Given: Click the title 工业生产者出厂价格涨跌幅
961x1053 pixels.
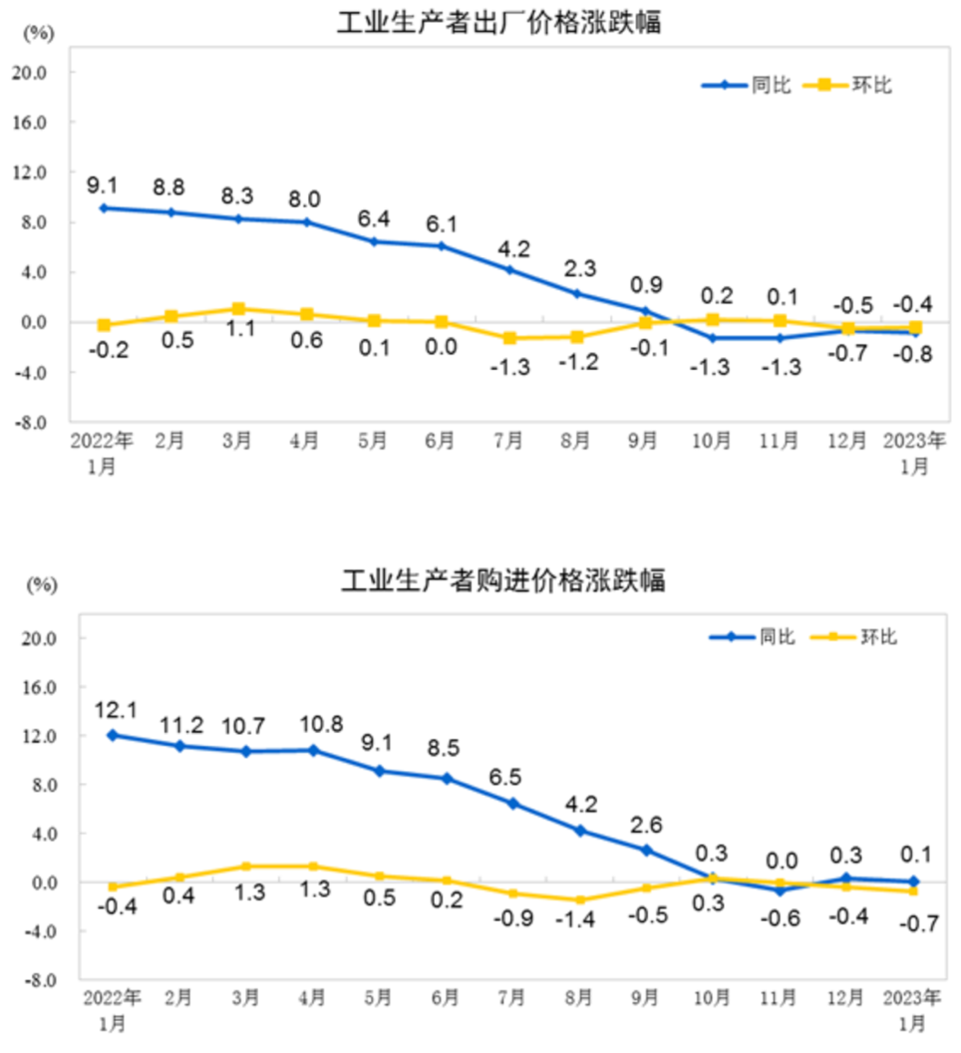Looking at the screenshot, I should click(x=499, y=22).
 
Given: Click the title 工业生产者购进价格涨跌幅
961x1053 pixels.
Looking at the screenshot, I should click(x=503, y=580).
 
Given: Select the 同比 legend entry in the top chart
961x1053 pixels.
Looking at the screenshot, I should click(x=746, y=86).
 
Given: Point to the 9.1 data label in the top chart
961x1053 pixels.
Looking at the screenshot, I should click(x=102, y=185).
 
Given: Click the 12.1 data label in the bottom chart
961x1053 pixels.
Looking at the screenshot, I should click(x=112, y=709).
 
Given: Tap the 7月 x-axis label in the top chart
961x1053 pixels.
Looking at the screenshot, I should click(x=508, y=441).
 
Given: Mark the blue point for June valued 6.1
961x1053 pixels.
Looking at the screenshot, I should click(x=441, y=246).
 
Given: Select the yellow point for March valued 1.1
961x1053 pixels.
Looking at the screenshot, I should click(x=238, y=309).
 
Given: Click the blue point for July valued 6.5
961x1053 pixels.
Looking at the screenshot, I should click(x=512, y=803).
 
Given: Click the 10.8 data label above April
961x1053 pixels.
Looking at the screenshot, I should click(x=314, y=725).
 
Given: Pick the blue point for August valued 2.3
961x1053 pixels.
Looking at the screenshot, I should click(x=576, y=294).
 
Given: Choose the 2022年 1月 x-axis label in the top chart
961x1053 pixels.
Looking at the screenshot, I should click(x=102, y=453).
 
